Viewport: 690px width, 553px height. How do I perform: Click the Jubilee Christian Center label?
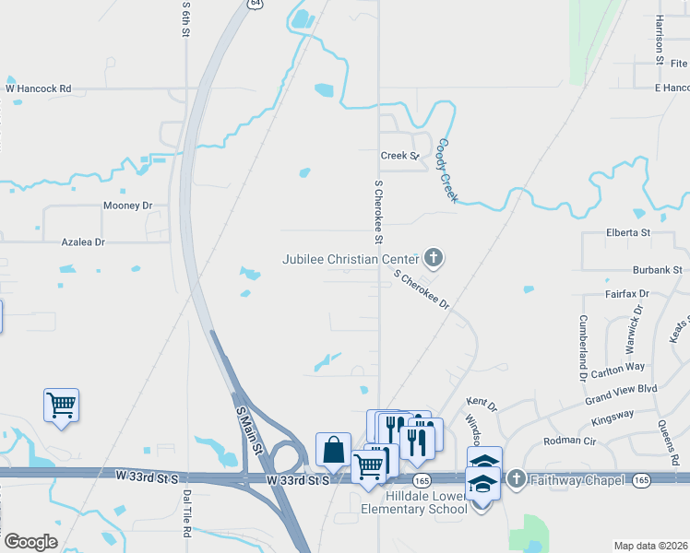click(350, 259)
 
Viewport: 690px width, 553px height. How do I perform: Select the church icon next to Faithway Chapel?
click(516, 479)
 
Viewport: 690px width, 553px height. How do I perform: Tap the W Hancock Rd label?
click(39, 88)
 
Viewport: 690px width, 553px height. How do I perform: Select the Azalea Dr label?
click(83, 241)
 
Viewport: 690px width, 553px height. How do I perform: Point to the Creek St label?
click(399, 156)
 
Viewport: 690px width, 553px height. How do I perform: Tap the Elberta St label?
click(628, 232)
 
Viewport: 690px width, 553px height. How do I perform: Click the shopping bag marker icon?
click(333, 451)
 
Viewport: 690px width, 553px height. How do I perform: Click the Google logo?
click(30, 542)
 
